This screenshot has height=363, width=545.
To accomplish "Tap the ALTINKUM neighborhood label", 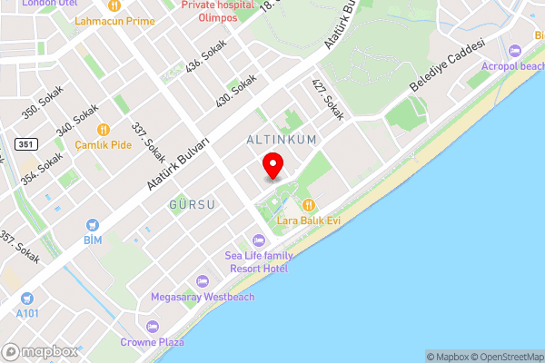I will (282, 140).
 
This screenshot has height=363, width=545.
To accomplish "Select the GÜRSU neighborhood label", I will (192, 204).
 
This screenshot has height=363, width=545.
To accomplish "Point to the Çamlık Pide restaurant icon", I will (104, 130).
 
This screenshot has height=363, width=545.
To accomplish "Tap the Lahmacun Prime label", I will (115, 20).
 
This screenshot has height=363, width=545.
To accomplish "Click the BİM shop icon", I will (92, 224).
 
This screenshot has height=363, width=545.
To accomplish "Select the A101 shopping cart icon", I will (27, 297).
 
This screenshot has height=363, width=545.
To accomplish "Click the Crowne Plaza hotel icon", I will (152, 327).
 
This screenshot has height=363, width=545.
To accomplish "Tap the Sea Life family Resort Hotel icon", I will (258, 240).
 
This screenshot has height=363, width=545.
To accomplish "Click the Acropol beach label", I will (514, 66).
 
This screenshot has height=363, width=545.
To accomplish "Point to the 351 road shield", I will (25, 143).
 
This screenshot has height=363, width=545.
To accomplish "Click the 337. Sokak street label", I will (148, 143).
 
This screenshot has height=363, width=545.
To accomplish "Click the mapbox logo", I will (39, 351).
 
